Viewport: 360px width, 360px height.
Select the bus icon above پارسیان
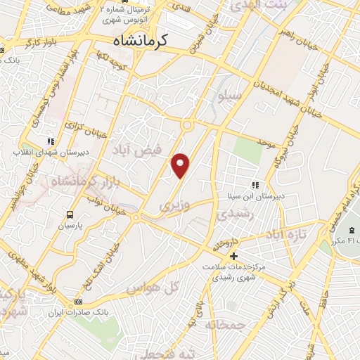(x=70, y=214)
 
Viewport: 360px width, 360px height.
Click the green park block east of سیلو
(x=247, y=148)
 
